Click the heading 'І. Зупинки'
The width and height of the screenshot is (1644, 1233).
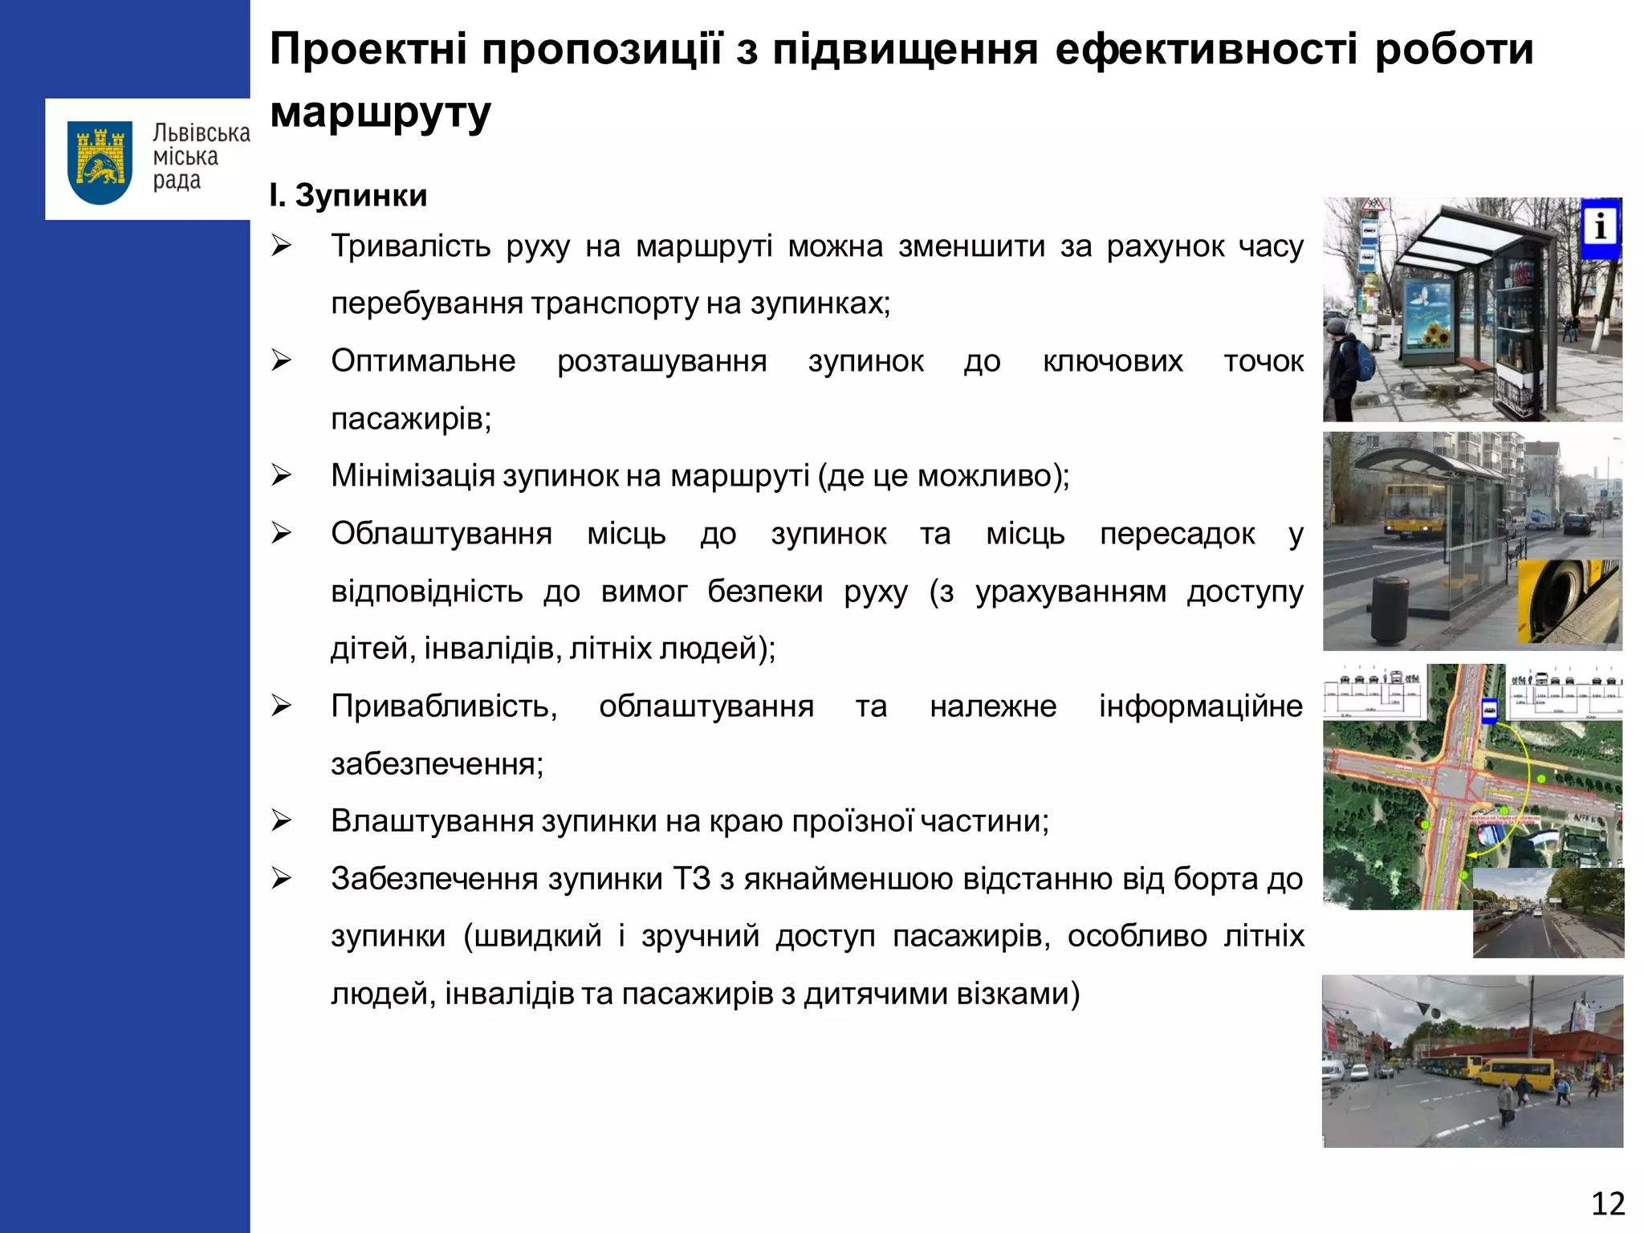coord(348,195)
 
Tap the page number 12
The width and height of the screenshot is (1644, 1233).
coord(1607,1203)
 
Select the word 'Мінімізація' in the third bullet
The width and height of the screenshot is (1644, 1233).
coord(413,476)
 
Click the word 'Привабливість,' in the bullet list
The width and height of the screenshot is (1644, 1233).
coord(444,706)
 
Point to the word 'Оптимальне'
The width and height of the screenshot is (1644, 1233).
coord(423,361)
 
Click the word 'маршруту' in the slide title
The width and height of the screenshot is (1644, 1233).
coord(380,112)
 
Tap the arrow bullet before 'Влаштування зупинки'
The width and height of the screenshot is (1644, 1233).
coord(281,820)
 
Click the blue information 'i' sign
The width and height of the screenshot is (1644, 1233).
coord(1600,227)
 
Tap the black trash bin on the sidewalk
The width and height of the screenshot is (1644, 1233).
coord(1391,609)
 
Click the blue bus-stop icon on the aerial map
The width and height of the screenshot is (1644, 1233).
coord(1489,710)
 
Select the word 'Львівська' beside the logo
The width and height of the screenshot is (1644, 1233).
coord(201,133)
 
